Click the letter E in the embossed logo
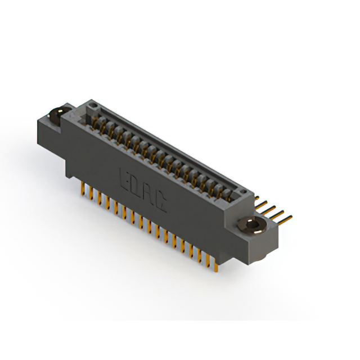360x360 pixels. coord(125,176)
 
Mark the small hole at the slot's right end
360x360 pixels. coord(242,195)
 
